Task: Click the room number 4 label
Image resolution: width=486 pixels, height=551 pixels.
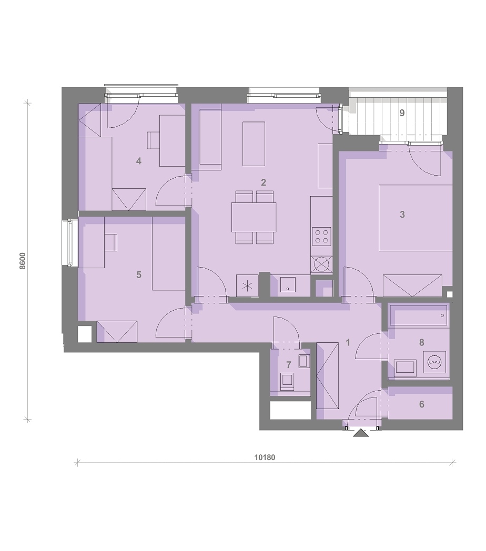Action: (138, 161)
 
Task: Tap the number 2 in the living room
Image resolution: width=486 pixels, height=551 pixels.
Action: (264, 182)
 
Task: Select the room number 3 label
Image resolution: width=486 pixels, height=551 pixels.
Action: (402, 215)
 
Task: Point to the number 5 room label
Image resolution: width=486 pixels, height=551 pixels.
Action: (138, 274)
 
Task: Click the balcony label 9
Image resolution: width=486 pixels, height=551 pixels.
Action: (402, 113)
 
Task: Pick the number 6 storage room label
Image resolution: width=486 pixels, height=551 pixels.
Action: (422, 404)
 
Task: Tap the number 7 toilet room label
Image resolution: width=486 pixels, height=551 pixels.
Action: (289, 365)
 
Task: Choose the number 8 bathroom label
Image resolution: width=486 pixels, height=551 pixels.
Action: (422, 342)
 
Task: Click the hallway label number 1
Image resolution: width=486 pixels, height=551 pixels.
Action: (348, 342)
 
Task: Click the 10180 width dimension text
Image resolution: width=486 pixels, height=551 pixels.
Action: (265, 457)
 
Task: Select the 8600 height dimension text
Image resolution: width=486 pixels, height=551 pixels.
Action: (23, 261)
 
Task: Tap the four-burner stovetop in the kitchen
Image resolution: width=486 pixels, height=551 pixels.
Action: (322, 236)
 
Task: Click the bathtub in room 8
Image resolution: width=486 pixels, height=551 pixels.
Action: (419, 315)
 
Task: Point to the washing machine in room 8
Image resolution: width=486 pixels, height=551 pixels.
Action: (434, 362)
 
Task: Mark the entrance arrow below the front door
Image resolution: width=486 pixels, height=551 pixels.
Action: (361, 433)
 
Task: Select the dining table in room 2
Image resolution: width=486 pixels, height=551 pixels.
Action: (254, 217)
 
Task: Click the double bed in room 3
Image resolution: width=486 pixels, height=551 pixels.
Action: (416, 218)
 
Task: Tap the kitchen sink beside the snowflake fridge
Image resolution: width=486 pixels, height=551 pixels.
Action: (288, 285)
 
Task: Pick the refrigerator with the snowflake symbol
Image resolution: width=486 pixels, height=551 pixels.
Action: (248, 285)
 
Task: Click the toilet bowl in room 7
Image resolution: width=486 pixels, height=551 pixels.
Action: (287, 382)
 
